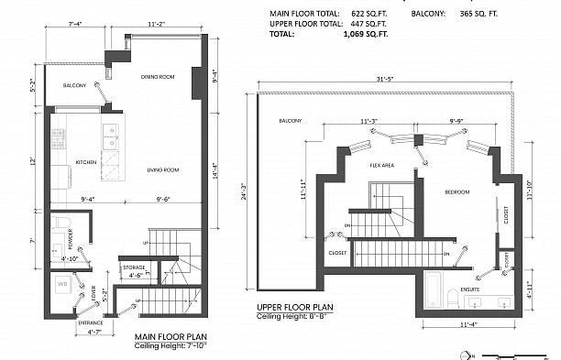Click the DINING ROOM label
(158, 77)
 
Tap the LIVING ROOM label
(163, 169)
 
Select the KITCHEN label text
(86, 162)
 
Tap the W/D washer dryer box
(62, 285)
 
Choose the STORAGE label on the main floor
(134, 267)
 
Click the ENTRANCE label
(91, 322)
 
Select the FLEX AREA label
(381, 166)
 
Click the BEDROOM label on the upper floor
(457, 192)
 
